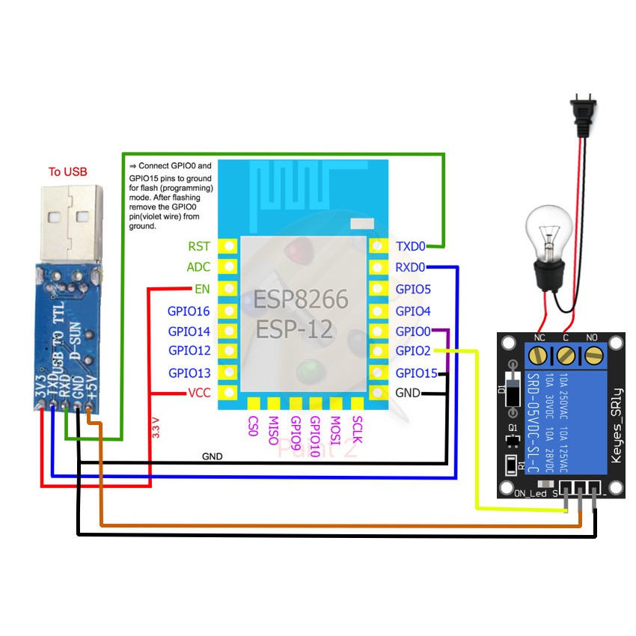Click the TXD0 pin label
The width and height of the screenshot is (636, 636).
click(410, 245)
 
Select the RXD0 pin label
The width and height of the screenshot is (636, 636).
click(410, 267)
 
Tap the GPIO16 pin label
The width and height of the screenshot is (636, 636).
click(189, 311)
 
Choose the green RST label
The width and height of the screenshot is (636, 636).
click(199, 245)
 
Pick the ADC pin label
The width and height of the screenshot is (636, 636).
click(198, 267)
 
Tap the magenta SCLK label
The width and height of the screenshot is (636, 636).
click(358, 431)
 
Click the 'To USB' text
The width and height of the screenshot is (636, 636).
click(67, 171)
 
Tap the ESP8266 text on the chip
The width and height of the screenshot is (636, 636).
click(301, 300)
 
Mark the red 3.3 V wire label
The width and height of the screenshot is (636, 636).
click(156, 426)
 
